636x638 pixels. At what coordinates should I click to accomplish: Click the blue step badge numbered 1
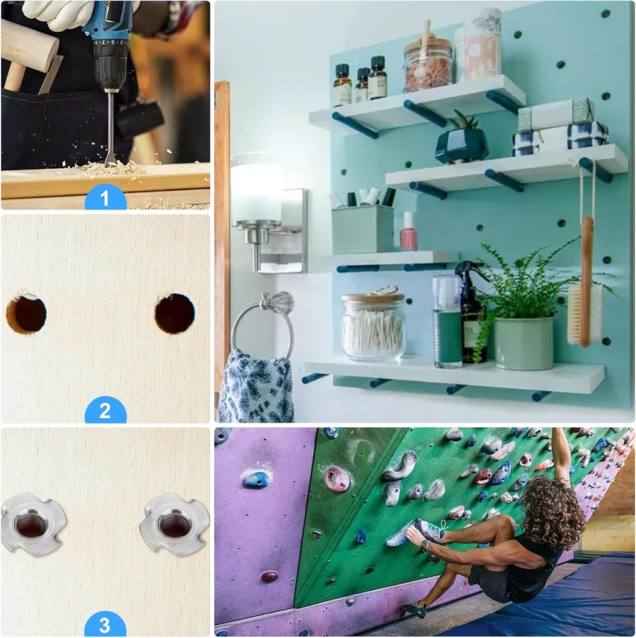[x=105, y=198]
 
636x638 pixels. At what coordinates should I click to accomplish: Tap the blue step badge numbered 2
[x=105, y=411]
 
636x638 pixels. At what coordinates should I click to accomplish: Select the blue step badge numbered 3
[x=105, y=624]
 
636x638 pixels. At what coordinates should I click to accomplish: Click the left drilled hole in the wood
[x=26, y=314]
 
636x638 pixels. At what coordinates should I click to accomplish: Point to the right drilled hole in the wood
[x=175, y=313]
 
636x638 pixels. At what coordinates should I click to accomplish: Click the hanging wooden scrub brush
[x=585, y=282]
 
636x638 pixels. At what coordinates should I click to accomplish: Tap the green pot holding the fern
[x=524, y=343]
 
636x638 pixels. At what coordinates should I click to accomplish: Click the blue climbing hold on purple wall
[x=255, y=480]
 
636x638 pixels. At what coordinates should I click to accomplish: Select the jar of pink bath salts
[x=428, y=62]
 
